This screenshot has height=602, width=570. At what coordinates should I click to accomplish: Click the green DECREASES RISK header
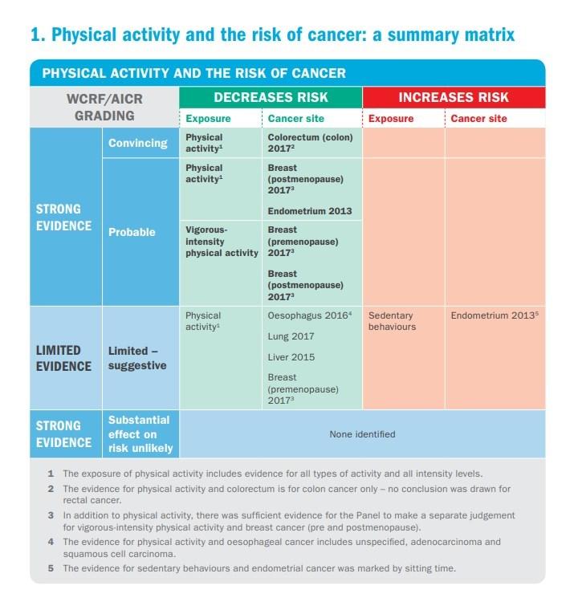pos(271,97)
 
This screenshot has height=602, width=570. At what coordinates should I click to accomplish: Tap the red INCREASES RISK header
pos(454,97)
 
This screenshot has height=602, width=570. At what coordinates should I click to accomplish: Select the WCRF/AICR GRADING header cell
pos(104,107)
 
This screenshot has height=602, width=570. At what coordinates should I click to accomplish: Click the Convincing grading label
pos(138,143)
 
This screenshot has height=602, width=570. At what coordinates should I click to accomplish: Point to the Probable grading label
pos(132,232)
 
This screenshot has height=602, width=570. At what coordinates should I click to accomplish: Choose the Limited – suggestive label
pos(137,358)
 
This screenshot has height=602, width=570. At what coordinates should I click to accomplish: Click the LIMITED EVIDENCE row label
pos(63,358)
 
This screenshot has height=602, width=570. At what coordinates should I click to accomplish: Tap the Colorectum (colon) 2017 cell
pos(310,143)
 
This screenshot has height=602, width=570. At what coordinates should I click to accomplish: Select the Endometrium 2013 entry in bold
pos(310,211)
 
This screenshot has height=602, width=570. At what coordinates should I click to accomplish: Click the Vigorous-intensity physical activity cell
pos(222,241)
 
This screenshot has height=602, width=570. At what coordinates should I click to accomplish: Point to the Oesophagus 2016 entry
pos(310,315)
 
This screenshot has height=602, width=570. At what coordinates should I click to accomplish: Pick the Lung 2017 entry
pos(291,336)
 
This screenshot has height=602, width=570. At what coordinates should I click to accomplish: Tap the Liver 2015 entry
pos(291,357)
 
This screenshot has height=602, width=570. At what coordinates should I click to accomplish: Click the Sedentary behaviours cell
pos(392,321)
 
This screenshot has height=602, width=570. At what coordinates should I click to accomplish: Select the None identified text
pos(362,434)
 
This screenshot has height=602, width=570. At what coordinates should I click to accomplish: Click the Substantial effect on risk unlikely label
pos(140,433)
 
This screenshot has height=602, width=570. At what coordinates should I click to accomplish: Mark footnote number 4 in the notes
pos(51,542)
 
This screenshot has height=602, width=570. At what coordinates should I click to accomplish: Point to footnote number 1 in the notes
pos(51,474)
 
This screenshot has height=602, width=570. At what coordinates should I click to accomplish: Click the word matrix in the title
pos(490,35)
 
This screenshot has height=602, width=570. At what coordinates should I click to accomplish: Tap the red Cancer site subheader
pos(478,118)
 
